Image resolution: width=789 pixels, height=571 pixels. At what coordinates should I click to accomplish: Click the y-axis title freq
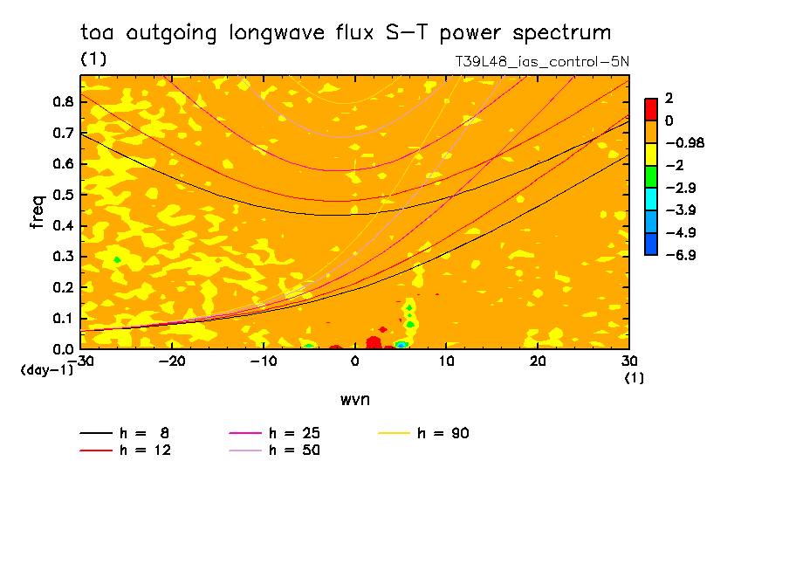pos(38,212)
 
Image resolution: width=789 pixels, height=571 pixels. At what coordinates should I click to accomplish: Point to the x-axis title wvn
pos(354,399)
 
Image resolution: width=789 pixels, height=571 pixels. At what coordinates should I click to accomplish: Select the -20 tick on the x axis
pos(171,361)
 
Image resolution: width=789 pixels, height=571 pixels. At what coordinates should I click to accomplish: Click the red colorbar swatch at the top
pos(650,108)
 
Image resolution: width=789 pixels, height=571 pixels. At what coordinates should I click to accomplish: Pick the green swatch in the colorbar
pos(650,175)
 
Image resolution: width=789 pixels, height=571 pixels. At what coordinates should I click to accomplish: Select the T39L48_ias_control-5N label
pos(541,63)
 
